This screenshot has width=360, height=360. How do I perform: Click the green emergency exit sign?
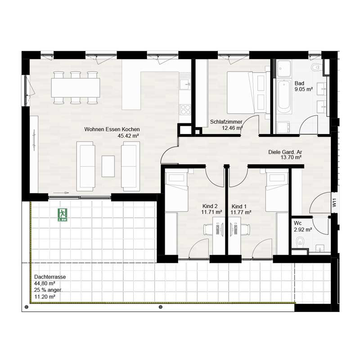pyautogui.click(x=63, y=215)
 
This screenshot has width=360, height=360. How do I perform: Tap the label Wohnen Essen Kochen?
pyautogui.click(x=112, y=129)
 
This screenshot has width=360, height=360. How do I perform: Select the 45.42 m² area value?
pyautogui.click(x=128, y=136)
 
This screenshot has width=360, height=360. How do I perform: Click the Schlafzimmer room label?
pyautogui.click(x=226, y=121)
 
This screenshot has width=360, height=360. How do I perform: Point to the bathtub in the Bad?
pyautogui.click(x=284, y=96)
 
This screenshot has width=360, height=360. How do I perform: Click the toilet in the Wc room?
pyautogui.click(x=300, y=242)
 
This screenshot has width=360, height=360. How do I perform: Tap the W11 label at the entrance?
pyautogui.click(x=334, y=202)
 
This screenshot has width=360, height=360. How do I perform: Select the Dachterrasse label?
pyautogui.click(x=50, y=277)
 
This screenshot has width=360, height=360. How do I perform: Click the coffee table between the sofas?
pyautogui.click(x=108, y=166)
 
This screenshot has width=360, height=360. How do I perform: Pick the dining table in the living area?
pyautogui.click(x=76, y=87)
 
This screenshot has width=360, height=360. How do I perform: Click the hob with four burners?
pyautogui.click(x=185, y=109)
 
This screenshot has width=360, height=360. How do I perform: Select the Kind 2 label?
pyautogui.click(x=210, y=206)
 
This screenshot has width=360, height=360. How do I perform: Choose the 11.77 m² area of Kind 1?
pyautogui.click(x=241, y=212)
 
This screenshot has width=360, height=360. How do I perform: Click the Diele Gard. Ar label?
pyautogui.click(x=285, y=152)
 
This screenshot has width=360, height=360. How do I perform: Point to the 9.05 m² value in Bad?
pyautogui.click(x=304, y=89)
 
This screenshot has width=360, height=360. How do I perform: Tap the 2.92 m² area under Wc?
pyautogui.click(x=303, y=229)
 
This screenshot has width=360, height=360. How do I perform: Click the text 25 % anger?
pyautogui.click(x=48, y=290)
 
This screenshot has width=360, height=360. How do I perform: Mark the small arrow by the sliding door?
pyautogui.click(x=61, y=193)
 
